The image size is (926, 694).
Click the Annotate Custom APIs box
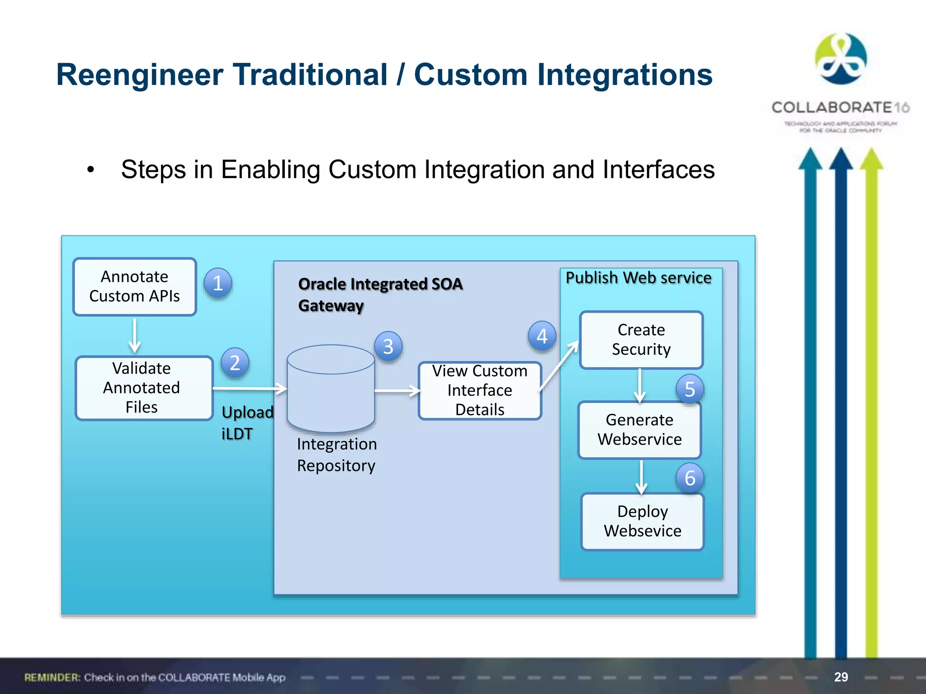(134, 286)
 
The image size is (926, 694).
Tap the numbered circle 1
(217, 283)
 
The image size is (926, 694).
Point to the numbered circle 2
(235, 363)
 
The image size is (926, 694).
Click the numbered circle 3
(388, 347)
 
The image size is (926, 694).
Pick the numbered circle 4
(542, 336)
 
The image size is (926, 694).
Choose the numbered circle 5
(690, 389)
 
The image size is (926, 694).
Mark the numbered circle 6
(690, 478)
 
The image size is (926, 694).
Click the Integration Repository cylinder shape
(331, 389)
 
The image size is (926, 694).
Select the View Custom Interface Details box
(480, 390)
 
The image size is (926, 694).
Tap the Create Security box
(641, 340)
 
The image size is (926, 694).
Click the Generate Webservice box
(639, 430)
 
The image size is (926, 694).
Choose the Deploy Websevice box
(642, 521)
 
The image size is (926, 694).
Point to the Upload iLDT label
(247, 423)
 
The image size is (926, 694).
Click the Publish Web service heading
(638, 278)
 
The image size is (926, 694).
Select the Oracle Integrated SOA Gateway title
(380, 295)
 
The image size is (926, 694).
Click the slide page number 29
(841, 677)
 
